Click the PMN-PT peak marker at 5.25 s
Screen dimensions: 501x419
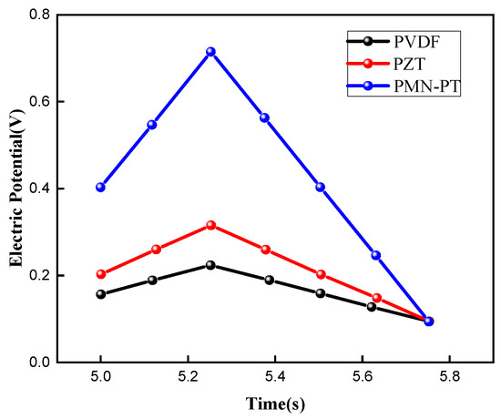click(210, 52)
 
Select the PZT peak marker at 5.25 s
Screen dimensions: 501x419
click(211, 225)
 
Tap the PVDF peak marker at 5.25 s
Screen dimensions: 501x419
click(210, 265)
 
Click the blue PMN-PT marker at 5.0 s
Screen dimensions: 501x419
click(100, 188)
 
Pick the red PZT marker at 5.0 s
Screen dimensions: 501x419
click(101, 274)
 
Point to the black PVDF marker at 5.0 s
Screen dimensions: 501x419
click(101, 294)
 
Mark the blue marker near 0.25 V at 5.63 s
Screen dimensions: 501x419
click(375, 255)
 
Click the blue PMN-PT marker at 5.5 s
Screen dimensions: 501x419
click(321, 188)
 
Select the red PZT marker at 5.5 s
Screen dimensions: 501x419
click(321, 274)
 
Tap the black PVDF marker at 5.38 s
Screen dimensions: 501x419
click(270, 281)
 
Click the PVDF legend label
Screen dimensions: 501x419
click(417, 42)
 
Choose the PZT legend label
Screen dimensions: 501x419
click(409, 64)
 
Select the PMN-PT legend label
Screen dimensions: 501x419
click(427, 87)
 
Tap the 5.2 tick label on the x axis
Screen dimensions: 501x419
click(189, 377)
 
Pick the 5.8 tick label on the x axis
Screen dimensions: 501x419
click(450, 377)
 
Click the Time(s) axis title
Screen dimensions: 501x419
click(275, 404)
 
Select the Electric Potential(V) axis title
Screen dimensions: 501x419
click(16, 189)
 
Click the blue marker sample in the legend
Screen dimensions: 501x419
click(368, 86)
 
